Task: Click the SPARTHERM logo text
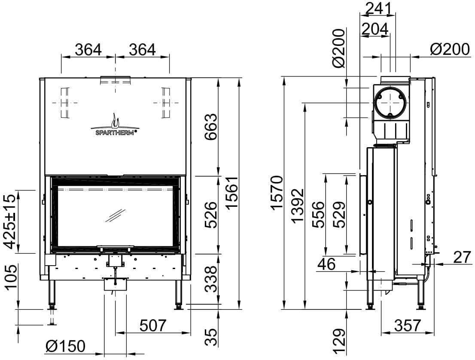point(115,132)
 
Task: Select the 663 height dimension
point(211,127)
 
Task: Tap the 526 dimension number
point(211,215)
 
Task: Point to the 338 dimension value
point(211,279)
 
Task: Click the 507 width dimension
point(153,326)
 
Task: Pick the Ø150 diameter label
point(65,346)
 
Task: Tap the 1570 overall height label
point(277,193)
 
